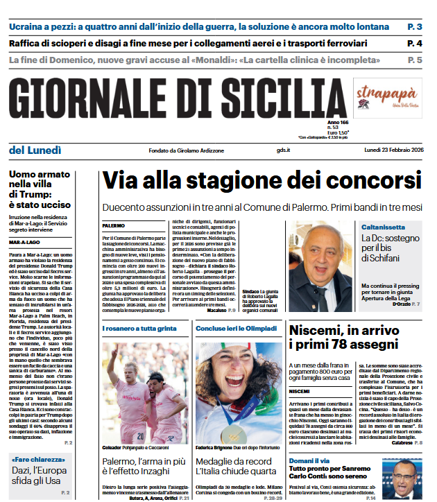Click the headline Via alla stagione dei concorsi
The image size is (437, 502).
click(x=262, y=181)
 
